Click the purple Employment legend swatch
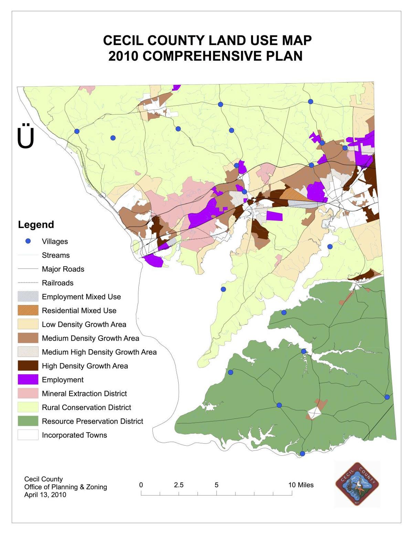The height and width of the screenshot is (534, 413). click(x=28, y=380)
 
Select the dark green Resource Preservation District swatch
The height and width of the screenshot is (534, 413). click(x=28, y=421)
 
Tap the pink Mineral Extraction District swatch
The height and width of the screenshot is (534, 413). click(x=28, y=393)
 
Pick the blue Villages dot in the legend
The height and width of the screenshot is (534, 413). click(x=28, y=241)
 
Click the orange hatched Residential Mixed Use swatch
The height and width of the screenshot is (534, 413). click(x=28, y=310)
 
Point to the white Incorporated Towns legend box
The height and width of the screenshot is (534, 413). click(x=28, y=435)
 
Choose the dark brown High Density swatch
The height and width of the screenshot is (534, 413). click(x=28, y=366)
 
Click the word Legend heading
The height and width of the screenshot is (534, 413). click(x=36, y=225)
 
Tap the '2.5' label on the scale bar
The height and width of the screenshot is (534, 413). click(x=179, y=485)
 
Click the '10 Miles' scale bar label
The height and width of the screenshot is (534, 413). click(x=301, y=485)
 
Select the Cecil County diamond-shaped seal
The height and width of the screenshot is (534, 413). click(x=357, y=484)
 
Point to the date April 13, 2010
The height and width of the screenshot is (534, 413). click(x=45, y=495)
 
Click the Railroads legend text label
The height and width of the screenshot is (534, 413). click(x=57, y=283)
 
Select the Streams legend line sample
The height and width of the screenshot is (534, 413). click(x=28, y=255)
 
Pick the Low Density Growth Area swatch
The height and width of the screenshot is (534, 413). click(x=28, y=324)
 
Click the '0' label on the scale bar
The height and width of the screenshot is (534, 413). click(x=141, y=485)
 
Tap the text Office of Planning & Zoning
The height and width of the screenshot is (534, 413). click(x=65, y=487)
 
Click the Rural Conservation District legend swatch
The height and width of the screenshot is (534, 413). click(x=28, y=407)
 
